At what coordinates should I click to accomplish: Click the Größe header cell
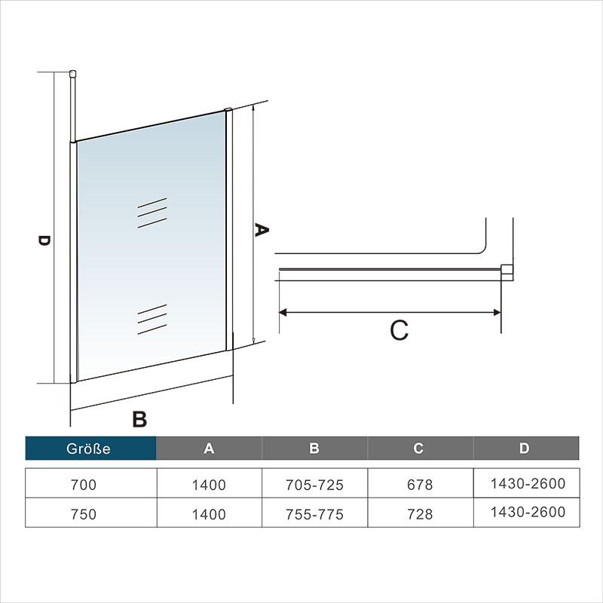(90, 448)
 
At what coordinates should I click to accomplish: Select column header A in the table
(209, 448)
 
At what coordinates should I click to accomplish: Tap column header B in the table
(314, 448)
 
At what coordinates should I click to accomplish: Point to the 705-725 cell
(314, 485)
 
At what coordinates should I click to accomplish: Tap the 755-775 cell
(314, 514)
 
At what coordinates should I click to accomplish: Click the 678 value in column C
(420, 485)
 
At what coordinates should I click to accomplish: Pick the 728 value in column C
(420, 514)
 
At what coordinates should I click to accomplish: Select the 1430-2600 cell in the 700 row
(528, 483)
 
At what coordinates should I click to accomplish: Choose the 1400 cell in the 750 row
(209, 514)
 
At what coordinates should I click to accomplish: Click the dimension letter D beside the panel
(44, 240)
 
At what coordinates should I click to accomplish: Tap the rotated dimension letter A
(262, 230)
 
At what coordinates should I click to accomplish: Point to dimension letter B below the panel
(139, 419)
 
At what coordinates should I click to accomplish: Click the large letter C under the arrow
(399, 330)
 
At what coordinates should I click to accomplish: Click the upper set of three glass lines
(152, 213)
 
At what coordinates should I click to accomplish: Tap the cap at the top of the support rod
(72, 73)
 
